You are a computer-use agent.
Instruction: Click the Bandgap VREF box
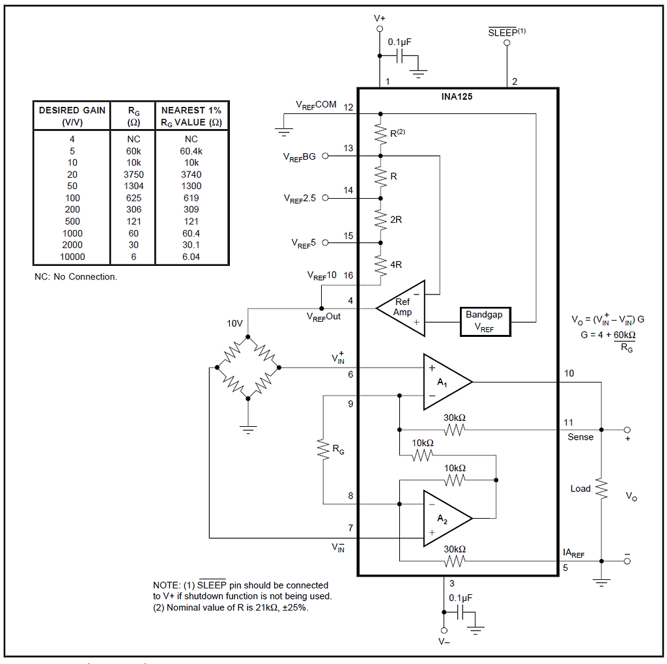coord(485,321)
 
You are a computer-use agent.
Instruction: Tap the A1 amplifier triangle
coord(444,381)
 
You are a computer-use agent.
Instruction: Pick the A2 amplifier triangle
coord(444,518)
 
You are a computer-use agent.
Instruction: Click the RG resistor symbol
coord(323,449)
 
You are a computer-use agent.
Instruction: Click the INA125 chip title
coord(457,96)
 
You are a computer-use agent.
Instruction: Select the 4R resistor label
coord(396,265)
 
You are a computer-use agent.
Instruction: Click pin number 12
coord(348,106)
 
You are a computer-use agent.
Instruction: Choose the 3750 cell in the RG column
coord(133,174)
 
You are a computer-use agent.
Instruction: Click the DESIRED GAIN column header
coord(72,116)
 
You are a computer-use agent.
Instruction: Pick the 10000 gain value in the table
coord(72,257)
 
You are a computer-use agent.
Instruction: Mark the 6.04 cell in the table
coord(192,257)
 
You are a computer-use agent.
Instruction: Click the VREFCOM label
coord(316,104)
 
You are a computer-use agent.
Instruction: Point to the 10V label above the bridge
coord(235,324)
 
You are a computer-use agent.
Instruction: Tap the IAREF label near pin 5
coord(573,554)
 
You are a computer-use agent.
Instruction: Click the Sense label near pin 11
coord(580,437)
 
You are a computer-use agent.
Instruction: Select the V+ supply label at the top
coord(379,19)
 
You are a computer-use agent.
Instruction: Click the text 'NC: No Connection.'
coord(76,276)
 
